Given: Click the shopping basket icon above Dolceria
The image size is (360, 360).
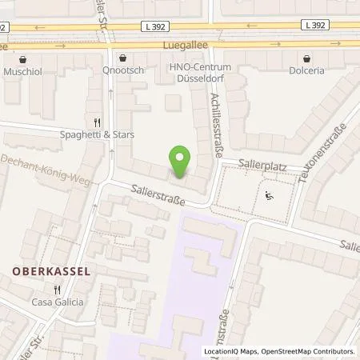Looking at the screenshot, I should coord(308,58).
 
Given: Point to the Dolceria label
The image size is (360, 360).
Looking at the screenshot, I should coord(309,70).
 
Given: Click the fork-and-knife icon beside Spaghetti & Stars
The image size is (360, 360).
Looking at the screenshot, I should coord(96,122).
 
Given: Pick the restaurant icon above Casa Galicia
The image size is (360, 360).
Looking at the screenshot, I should coord(57,290).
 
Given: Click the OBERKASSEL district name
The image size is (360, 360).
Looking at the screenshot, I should coord(50,270).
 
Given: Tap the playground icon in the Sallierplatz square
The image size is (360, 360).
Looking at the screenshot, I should coord(270,194).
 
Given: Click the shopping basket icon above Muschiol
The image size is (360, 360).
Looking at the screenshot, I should coord(23,58).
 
